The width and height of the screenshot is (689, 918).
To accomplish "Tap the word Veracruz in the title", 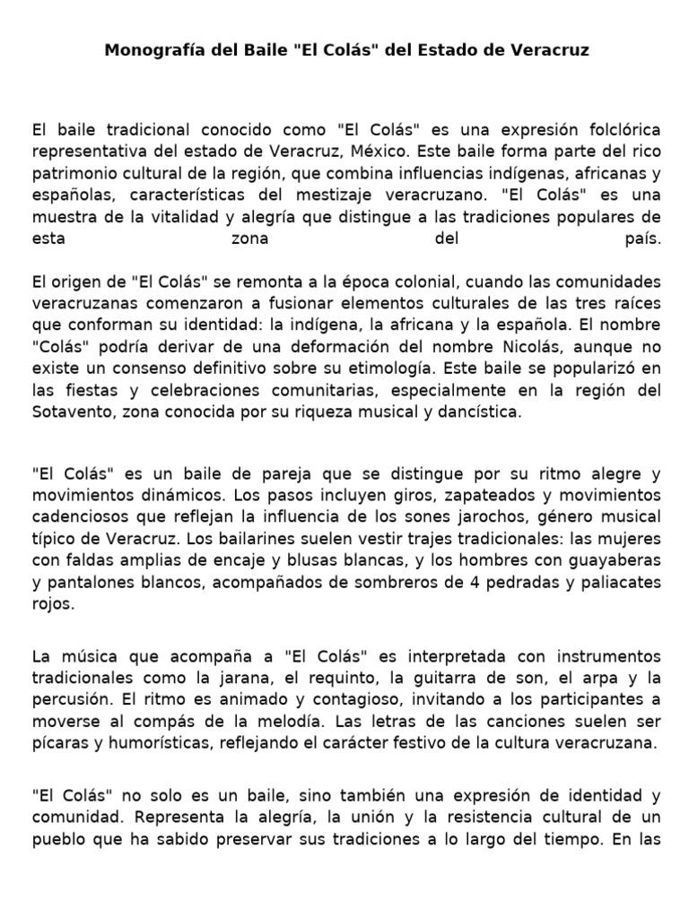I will click(548, 50).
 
